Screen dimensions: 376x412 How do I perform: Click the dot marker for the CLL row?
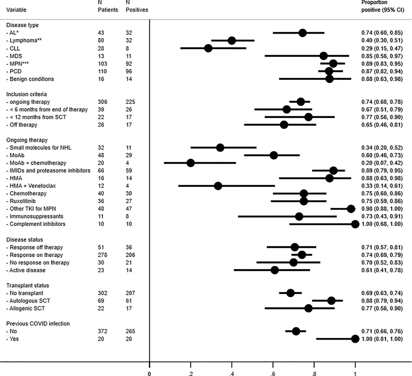pos(208,48)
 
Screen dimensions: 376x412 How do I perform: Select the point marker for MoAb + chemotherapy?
pos(191,163)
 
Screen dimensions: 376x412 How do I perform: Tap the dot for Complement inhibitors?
pos(355,224)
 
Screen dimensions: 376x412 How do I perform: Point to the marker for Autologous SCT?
pos(331,301)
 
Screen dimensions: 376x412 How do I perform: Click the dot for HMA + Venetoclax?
pos(218,186)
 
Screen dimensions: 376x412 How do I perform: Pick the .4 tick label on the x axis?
pos(232,374)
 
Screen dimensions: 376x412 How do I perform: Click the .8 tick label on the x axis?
pos(314,374)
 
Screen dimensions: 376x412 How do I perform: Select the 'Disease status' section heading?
pos(24,239)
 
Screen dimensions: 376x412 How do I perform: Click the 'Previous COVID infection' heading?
pos(38,324)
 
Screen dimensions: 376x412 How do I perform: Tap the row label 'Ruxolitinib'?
pos(22,201)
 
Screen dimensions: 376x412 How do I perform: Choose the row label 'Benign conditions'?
pos(32,79)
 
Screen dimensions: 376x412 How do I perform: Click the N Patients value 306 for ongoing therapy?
pos(102,102)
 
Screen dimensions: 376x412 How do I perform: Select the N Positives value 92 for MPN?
pos(129,63)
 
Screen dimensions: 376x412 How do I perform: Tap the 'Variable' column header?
pos(16,10)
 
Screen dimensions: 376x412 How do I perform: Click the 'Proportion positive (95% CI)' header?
pos(382,6)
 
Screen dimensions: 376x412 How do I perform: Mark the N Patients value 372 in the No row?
pos(102,331)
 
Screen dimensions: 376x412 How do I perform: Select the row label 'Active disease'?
pos(27,270)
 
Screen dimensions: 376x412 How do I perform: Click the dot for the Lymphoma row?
pos(232,40)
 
